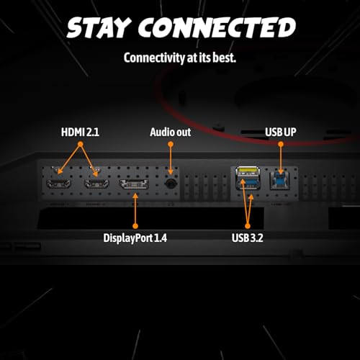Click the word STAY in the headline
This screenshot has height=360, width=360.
point(99,27)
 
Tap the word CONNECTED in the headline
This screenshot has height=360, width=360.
point(217,27)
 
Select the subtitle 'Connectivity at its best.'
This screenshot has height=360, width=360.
point(180,58)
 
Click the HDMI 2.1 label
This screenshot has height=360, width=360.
point(80,132)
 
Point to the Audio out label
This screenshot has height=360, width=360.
point(171,132)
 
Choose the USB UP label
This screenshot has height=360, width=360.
point(281,132)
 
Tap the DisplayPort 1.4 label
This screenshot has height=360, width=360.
point(135,238)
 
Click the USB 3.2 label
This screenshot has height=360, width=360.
point(248,238)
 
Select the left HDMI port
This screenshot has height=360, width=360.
point(58,184)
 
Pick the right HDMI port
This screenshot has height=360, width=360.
point(96,184)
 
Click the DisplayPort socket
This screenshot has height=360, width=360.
point(134,184)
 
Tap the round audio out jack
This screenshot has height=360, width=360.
point(171,184)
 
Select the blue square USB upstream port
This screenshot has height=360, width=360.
point(280,181)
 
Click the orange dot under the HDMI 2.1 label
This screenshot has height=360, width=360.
point(81,144)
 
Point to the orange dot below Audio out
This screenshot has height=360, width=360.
point(171,144)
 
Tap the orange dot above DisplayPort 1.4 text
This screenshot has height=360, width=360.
point(135,226)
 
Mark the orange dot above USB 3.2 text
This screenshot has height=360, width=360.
point(248,226)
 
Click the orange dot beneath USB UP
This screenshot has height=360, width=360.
point(281,144)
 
